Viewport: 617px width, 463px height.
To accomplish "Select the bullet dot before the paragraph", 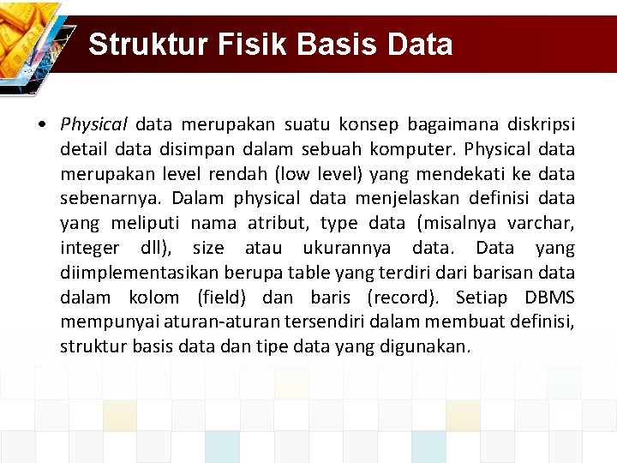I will tap(42, 125).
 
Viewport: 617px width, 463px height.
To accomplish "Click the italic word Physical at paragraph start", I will tap(93, 125).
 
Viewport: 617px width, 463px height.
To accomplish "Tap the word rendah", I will tap(241, 175).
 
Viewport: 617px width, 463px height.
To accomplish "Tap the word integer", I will tap(90, 249).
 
